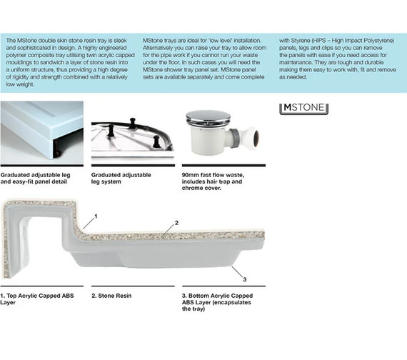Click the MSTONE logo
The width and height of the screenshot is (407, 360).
(303, 109)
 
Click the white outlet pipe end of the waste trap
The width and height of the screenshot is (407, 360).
(253, 136)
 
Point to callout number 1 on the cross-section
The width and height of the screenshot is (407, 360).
(96, 216)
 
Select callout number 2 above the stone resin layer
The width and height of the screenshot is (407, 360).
(176, 223)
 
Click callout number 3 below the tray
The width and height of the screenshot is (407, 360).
(244, 279)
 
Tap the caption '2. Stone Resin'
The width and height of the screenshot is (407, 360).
(111, 296)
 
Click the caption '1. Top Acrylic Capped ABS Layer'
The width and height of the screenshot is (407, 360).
(37, 299)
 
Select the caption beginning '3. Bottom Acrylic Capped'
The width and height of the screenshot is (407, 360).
(217, 302)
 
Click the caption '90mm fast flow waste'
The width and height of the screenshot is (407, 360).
(213, 175)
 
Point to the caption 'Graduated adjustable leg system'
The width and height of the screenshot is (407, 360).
(121, 178)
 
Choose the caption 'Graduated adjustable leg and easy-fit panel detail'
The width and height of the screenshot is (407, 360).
(35, 178)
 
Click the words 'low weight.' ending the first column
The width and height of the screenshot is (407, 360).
(20, 84)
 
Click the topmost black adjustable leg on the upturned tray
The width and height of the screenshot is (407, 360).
(133, 123)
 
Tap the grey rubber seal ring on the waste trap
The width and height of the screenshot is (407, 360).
(235, 135)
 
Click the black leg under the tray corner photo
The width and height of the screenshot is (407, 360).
(57, 149)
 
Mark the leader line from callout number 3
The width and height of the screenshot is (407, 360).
(237, 271)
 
